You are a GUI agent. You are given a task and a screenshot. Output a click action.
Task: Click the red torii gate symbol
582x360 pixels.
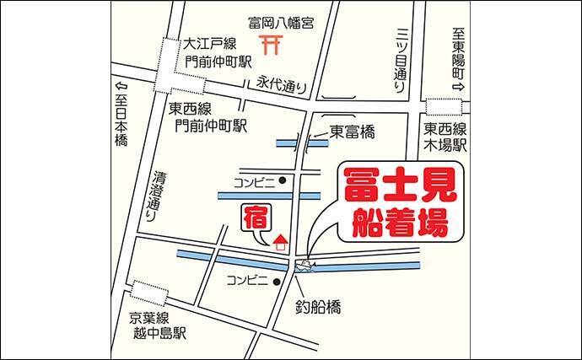pyautogui.click(x=272, y=45)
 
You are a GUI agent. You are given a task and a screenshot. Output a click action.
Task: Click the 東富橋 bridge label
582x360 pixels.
pyautogui.click(x=352, y=132)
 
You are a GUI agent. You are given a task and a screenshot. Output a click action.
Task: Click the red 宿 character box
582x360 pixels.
pyautogui.click(x=256, y=218)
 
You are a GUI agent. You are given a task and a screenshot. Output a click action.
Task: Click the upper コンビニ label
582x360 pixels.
pyautogui.click(x=256, y=180)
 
